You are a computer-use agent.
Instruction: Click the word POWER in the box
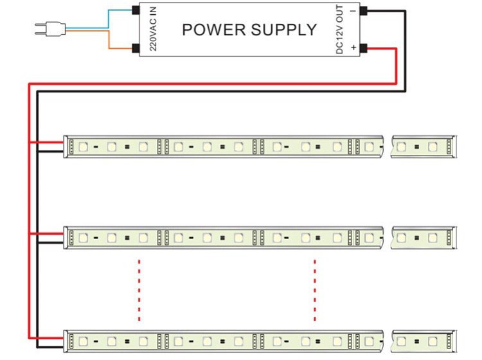(210, 30)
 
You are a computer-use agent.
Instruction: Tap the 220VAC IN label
(153, 30)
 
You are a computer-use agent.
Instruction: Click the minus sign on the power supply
(352, 10)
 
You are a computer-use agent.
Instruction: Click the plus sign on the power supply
(352, 48)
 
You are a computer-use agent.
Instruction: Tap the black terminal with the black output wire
(363, 10)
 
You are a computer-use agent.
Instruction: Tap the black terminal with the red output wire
(363, 48)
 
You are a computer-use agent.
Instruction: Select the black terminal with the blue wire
(136, 10)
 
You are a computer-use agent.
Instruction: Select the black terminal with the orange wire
(136, 48)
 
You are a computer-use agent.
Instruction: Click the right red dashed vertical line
(315, 289)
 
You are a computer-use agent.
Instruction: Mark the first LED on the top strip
(83, 147)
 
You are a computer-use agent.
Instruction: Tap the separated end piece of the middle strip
(424, 239)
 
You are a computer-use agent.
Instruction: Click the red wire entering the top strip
(48, 142)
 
